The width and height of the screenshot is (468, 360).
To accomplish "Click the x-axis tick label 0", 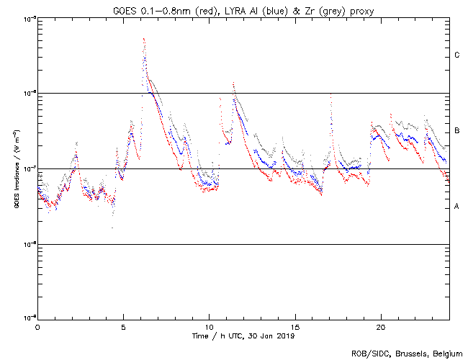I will click(x=37, y=327).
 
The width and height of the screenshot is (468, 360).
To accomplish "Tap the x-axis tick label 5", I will click(x=123, y=327).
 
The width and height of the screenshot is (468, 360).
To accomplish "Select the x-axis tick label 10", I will click(x=209, y=327).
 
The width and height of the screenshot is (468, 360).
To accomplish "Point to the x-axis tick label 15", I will click(x=294, y=327).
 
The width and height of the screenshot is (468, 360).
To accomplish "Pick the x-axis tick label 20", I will click(x=380, y=327).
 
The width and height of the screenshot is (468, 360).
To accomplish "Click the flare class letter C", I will click(x=456, y=55).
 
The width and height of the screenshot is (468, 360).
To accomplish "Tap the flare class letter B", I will click(x=456, y=131).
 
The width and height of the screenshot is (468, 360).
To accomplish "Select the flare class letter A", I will click(x=456, y=207).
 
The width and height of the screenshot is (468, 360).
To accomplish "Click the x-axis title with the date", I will click(x=243, y=336).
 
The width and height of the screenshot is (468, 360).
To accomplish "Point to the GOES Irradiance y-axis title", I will click(x=15, y=169).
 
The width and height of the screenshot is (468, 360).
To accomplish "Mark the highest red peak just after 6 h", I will click(x=144, y=39).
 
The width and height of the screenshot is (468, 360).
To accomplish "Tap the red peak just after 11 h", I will click(x=233, y=83).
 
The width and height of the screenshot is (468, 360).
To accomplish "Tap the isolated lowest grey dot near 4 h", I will click(x=112, y=228).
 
